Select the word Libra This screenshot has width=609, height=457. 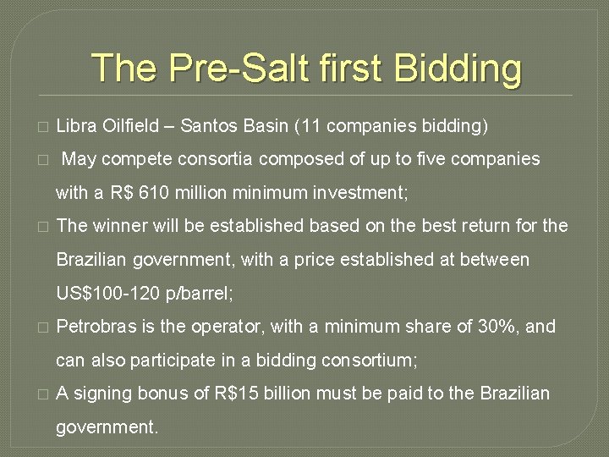(x=75, y=127)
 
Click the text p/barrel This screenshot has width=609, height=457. (x=202, y=294)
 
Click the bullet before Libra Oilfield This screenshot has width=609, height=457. (x=43, y=128)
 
